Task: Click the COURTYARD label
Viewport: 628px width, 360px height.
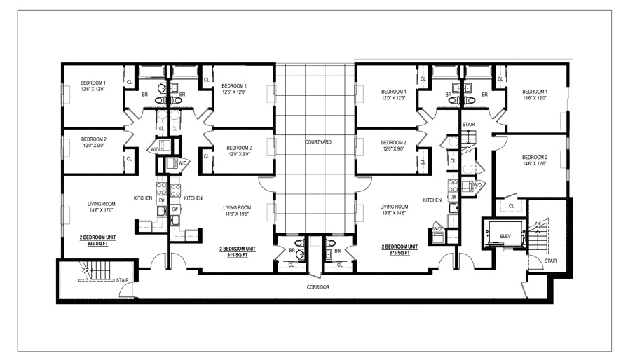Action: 318,142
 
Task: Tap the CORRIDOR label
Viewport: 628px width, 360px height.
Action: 318,287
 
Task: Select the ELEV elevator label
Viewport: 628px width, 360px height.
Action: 505,237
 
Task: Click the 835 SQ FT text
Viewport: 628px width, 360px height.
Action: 97,243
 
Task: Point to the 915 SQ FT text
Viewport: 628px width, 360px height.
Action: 238,255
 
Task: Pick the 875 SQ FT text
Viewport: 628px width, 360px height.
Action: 400,253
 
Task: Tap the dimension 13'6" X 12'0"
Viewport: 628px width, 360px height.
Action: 535,97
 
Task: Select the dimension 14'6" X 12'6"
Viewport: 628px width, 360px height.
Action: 535,163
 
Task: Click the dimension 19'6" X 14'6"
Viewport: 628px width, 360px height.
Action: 394,213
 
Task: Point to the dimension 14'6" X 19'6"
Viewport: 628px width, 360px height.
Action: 237,214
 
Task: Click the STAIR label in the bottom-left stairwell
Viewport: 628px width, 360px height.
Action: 123,280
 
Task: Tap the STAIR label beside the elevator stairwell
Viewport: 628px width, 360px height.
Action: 550,261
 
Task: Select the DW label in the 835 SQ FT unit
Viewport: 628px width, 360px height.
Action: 162,200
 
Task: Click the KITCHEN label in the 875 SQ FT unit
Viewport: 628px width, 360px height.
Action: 432,200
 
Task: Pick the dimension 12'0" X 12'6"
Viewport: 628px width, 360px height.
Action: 394,97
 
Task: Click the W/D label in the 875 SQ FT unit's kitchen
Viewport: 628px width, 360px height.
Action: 437,229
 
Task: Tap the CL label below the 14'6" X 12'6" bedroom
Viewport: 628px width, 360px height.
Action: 512,206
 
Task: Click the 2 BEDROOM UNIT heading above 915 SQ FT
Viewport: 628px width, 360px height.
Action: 238,249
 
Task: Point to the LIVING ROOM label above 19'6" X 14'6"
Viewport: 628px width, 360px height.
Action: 394,207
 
